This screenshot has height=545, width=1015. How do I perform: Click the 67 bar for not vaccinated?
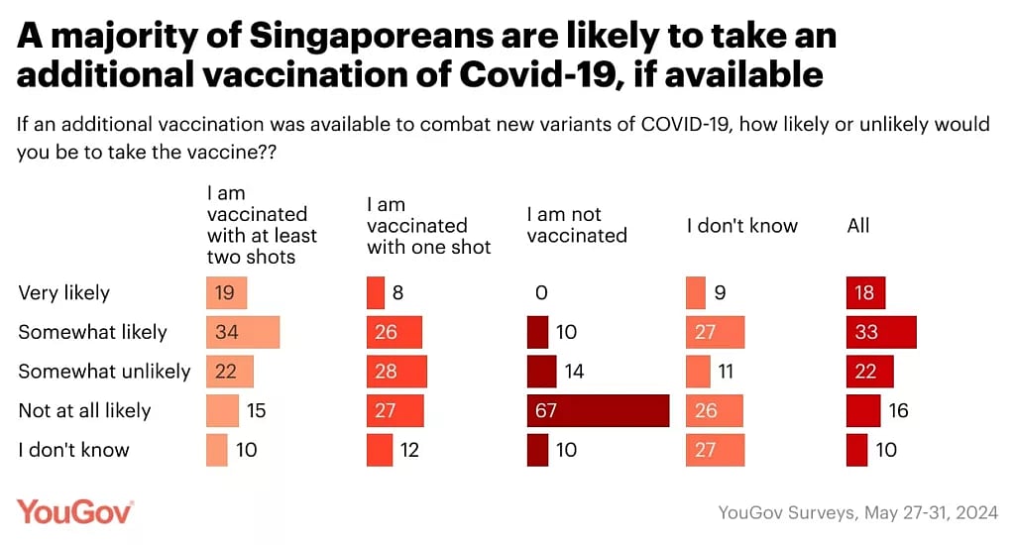coord(598,410)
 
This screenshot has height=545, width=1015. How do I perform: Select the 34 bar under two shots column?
coord(243,332)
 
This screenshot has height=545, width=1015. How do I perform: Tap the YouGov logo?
coord(74,512)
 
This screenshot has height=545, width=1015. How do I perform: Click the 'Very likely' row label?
coord(64,293)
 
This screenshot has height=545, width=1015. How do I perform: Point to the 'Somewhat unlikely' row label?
coord(104,372)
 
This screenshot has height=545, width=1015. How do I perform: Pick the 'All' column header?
coord(857,225)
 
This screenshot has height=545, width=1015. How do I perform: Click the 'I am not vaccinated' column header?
coord(577,225)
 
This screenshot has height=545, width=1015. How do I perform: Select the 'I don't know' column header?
coord(741,225)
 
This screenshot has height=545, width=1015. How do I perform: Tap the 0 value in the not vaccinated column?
coord(540,293)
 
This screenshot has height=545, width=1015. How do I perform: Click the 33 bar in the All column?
coord(881,332)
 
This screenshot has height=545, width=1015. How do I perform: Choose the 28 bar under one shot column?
coord(396,372)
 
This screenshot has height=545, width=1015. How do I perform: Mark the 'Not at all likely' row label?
coord(84,410)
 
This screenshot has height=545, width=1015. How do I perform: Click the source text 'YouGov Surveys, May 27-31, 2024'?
coord(857,513)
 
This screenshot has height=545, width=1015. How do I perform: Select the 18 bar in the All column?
coord(865,293)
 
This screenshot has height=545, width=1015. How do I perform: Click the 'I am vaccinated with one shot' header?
coord(428,225)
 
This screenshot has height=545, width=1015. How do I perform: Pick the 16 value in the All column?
coord(898,410)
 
